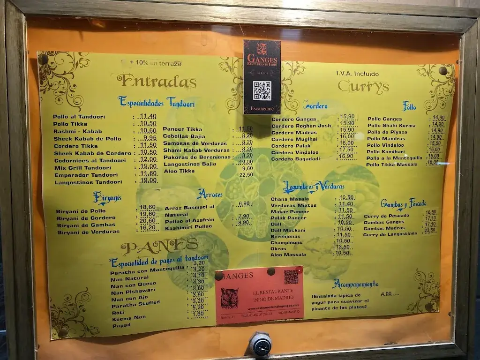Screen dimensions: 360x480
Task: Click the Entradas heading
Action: (x=157, y=81)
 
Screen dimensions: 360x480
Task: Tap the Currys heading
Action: (x=363, y=86)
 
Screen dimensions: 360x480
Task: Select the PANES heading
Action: (x=159, y=246)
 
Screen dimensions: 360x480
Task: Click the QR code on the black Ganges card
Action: (x=262, y=90)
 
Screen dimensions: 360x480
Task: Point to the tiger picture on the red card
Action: (x=229, y=298)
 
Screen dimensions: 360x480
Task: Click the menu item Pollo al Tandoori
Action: (x=79, y=117)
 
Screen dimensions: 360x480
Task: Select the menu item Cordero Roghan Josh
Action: (x=301, y=126)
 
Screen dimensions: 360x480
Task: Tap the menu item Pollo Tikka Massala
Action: (x=391, y=165)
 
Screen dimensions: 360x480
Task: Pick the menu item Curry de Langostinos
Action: (x=390, y=234)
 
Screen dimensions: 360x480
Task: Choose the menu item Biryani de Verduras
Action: (x=88, y=232)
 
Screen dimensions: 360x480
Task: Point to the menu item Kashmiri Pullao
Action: (x=188, y=226)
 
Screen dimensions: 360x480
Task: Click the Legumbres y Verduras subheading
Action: (x=314, y=187)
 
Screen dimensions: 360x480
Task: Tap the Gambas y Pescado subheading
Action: (x=403, y=203)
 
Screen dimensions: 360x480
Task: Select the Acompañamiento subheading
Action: (x=355, y=284)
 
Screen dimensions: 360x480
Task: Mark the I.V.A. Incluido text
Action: (x=357, y=74)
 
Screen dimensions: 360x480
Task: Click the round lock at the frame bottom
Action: (x=260, y=344)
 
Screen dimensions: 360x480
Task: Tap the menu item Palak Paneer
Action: (x=288, y=217)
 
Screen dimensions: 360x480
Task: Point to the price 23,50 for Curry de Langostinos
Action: (x=430, y=231)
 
